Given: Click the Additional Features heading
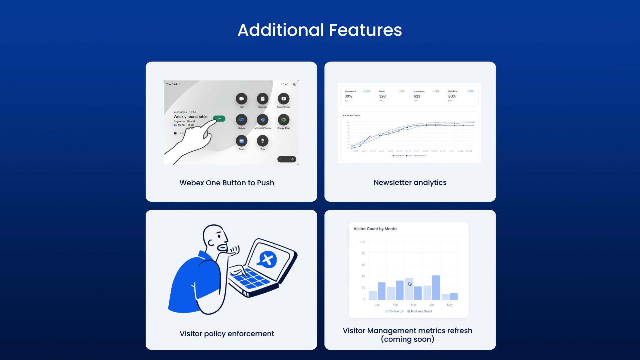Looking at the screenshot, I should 320,30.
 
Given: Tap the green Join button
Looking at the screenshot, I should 219,119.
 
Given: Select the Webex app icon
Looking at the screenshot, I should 242,120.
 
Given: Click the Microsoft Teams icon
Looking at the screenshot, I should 263,120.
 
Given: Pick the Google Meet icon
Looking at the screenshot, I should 284,120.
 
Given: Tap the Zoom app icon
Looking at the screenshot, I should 242,141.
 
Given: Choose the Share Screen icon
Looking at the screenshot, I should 284,99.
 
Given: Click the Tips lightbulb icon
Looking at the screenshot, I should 263,141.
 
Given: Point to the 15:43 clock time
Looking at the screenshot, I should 285,84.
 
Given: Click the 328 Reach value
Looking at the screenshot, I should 382,96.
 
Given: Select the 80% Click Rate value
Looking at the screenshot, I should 452,96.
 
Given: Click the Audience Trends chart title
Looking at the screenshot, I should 351,115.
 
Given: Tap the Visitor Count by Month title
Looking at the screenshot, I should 375,229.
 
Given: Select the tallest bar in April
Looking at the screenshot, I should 436,287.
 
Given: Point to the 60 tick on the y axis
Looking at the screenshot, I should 363,265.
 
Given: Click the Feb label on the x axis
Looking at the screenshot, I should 395,305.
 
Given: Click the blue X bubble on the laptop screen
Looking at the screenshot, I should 268,259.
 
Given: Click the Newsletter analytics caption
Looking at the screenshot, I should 410,183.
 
